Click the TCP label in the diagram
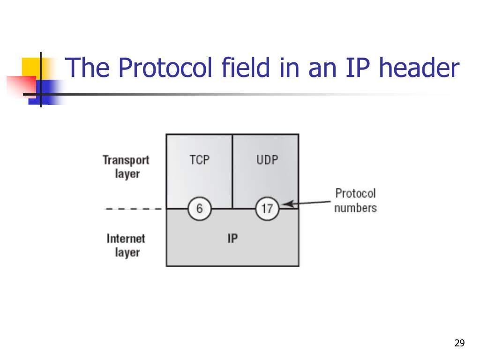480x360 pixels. (200, 160)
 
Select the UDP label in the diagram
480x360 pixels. (267, 160)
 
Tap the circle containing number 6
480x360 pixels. (200, 208)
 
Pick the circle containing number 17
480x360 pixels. (267, 208)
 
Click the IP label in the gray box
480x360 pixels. (232, 239)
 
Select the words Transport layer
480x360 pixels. (126, 166)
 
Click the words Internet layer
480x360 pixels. (126, 245)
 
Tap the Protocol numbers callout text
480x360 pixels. (355, 200)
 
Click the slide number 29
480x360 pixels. (459, 344)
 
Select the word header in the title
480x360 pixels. (419, 68)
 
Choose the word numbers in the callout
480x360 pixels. (355, 208)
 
